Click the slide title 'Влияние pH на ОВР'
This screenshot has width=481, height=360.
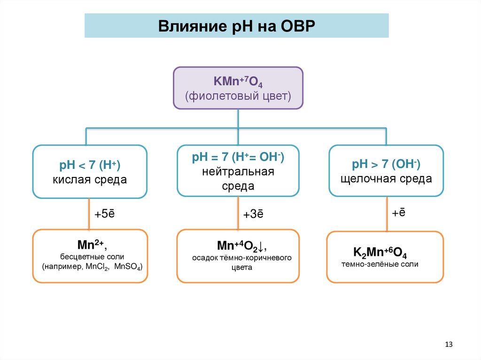pyautogui.click(x=236, y=25)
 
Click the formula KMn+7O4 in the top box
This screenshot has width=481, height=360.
pyautogui.click(x=238, y=82)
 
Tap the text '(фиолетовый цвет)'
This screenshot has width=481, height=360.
pyautogui.click(x=238, y=97)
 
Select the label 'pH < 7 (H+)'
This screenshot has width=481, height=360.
pyautogui.click(x=89, y=165)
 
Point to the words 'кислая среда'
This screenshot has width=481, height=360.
pyautogui.click(x=89, y=180)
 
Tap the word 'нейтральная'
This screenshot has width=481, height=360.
pyautogui.click(x=238, y=172)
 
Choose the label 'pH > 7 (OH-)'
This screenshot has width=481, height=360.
pyautogui.click(x=386, y=164)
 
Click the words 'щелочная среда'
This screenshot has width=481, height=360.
pyautogui.click(x=386, y=179)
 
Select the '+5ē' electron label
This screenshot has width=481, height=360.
pyautogui.click(x=104, y=214)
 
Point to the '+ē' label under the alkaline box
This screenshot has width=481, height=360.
pyautogui.click(x=399, y=213)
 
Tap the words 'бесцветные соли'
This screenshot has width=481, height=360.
pyautogui.click(x=90, y=257)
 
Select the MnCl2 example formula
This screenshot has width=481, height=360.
pyautogui.click(x=96, y=268)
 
